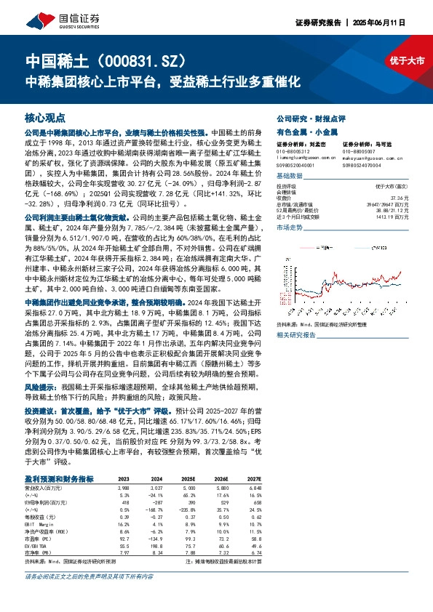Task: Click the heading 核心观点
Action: tap(45, 116)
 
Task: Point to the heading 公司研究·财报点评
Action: tap(305, 116)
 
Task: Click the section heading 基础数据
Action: tap(289, 175)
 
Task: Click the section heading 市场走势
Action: tap(289, 228)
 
